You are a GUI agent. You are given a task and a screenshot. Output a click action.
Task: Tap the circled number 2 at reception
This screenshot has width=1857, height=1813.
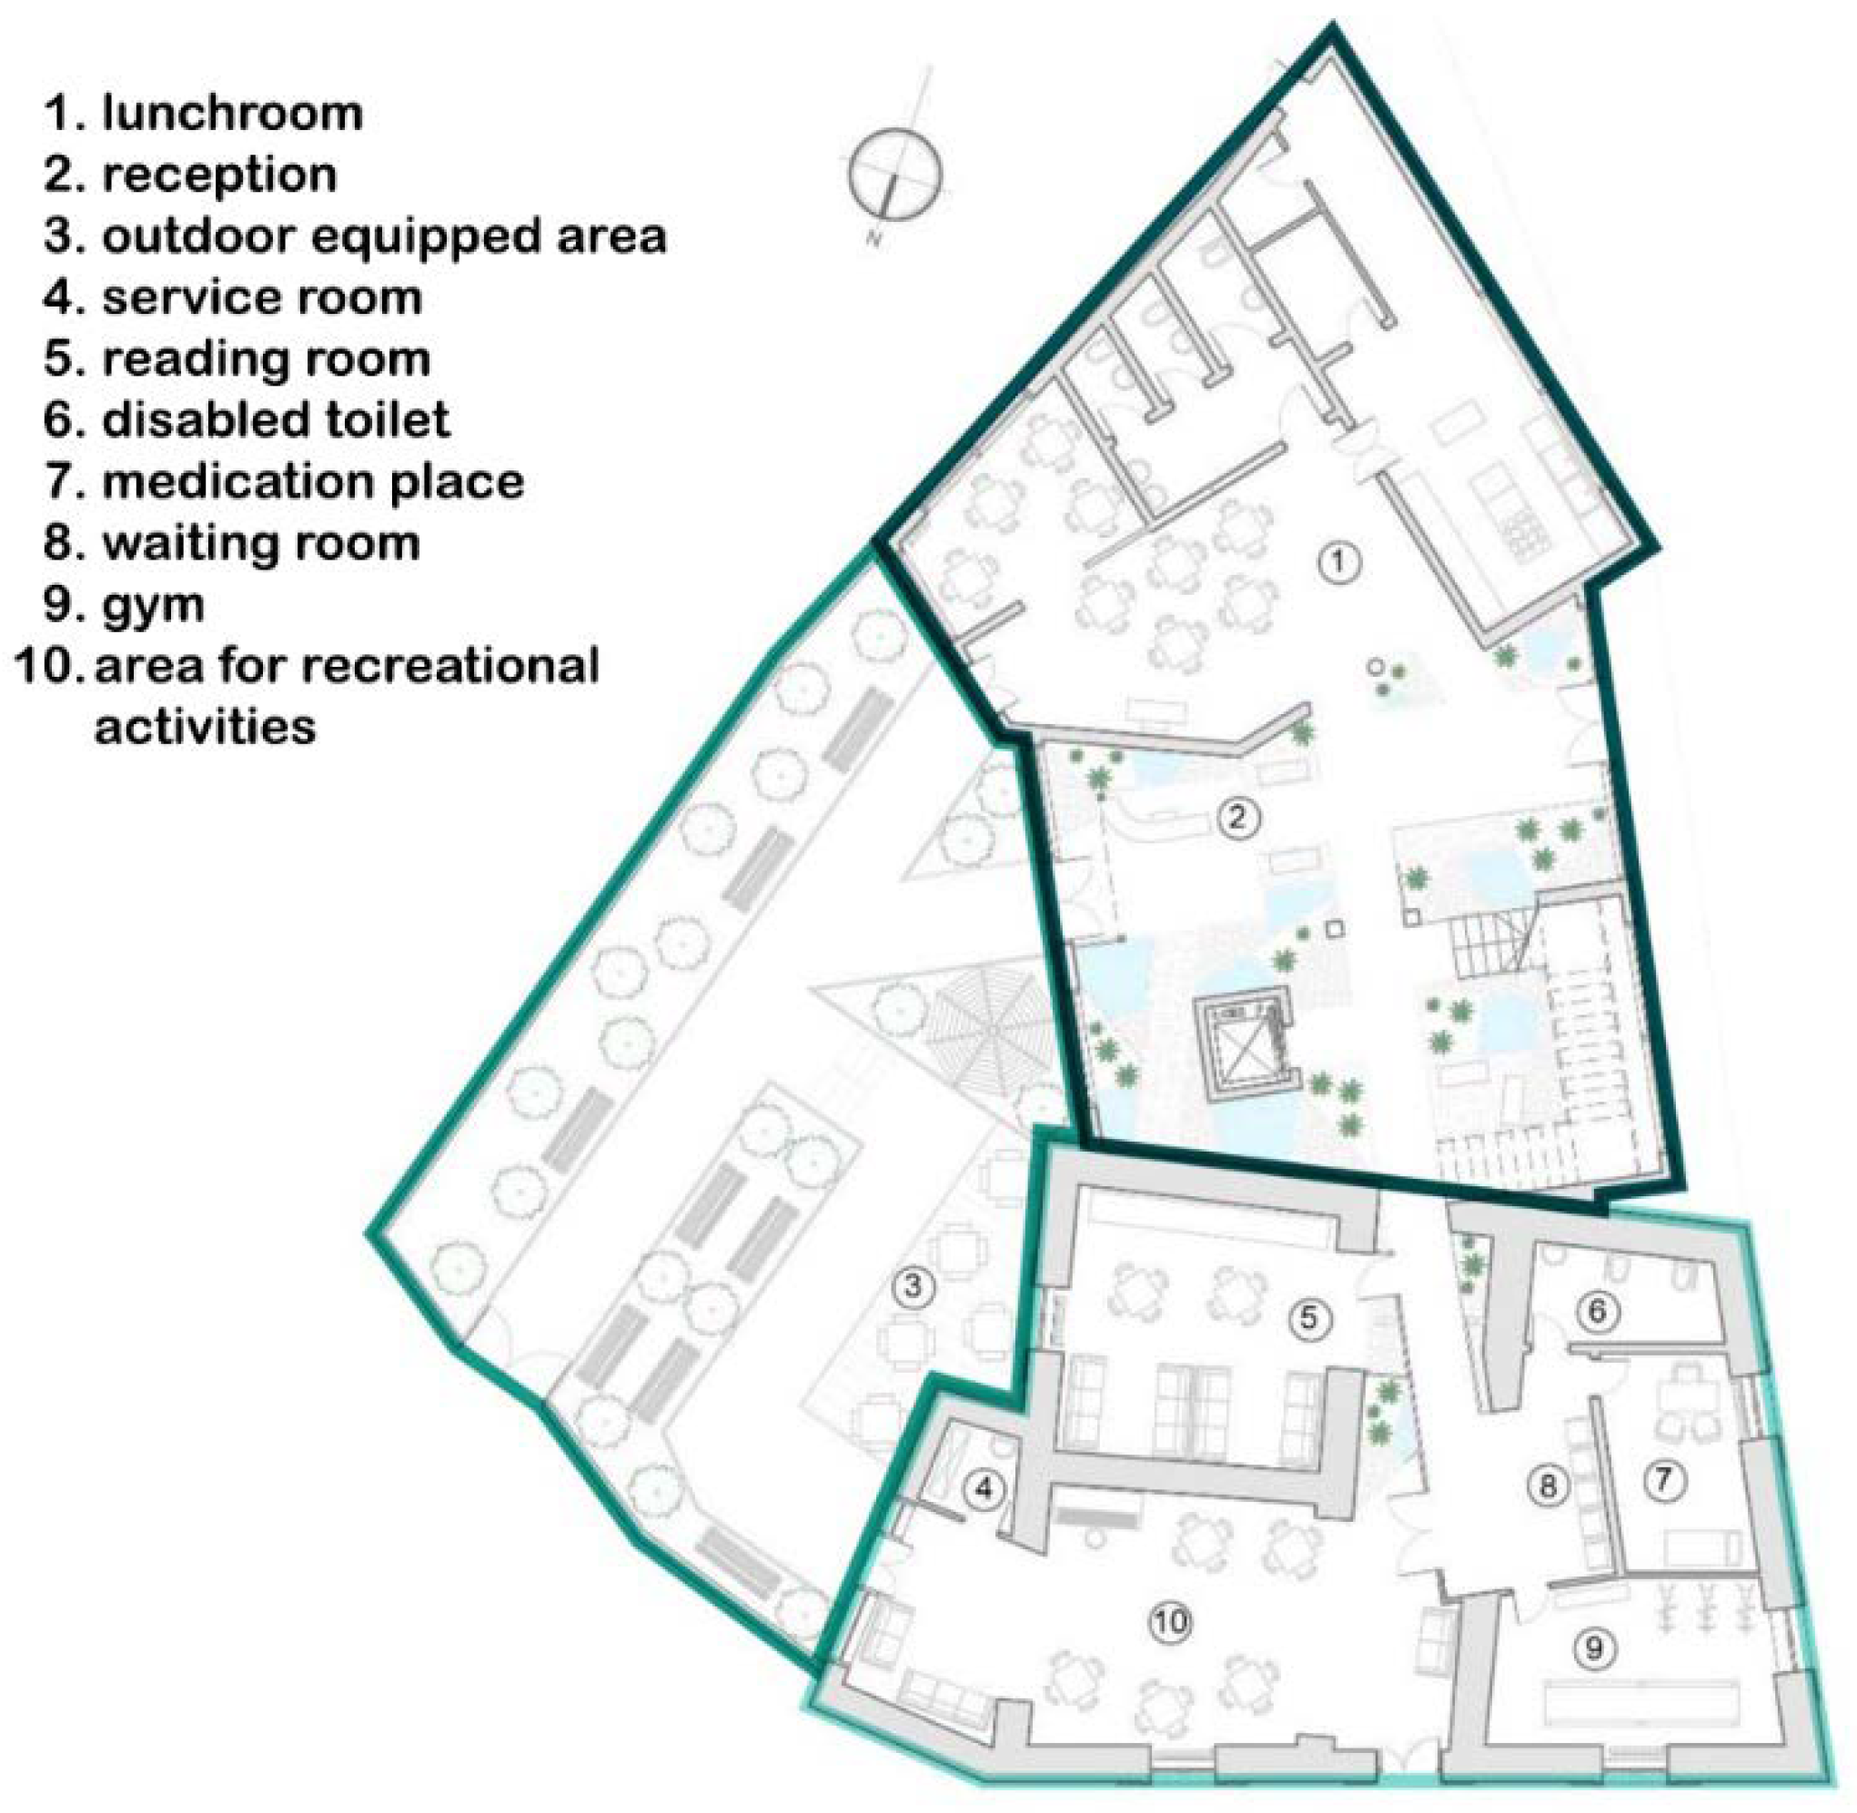pos(1237,817)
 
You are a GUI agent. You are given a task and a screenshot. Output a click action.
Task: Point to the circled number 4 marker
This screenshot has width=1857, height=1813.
pos(985,1487)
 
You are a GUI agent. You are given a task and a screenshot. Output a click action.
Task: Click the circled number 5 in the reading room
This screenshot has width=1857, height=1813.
pos(1308,1318)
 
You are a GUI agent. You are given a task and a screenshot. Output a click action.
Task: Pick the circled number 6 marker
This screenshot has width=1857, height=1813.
pos(1597,1312)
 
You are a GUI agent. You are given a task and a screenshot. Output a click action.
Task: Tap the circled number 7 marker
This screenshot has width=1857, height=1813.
pos(1662,1480)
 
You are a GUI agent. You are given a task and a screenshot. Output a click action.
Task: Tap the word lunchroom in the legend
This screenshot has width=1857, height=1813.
pos(232,114)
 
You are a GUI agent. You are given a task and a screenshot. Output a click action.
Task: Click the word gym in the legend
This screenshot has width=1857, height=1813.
pos(154,605)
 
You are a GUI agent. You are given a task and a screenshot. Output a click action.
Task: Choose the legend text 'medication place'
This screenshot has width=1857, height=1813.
pos(313,482)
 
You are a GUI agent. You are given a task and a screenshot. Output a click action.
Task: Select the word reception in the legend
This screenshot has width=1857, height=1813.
pos(219,176)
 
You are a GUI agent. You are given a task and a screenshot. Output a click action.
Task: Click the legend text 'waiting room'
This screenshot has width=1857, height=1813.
pos(261,543)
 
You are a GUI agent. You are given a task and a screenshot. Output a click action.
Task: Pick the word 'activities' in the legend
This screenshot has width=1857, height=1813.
pos(205,727)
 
